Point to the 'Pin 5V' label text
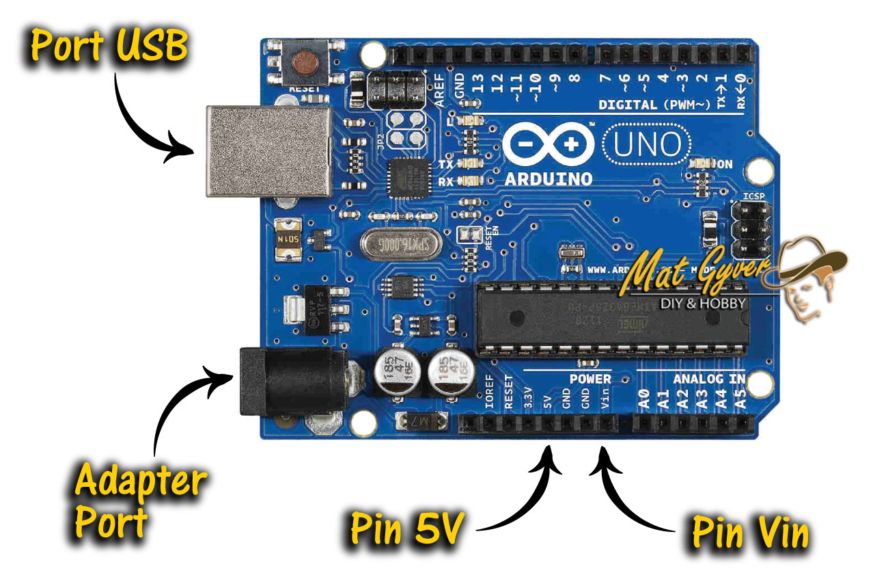coord(408,529)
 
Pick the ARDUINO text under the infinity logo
coord(549,178)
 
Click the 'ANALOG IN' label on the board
coord(708,379)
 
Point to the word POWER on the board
coord(590,379)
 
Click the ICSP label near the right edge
coord(753,198)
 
